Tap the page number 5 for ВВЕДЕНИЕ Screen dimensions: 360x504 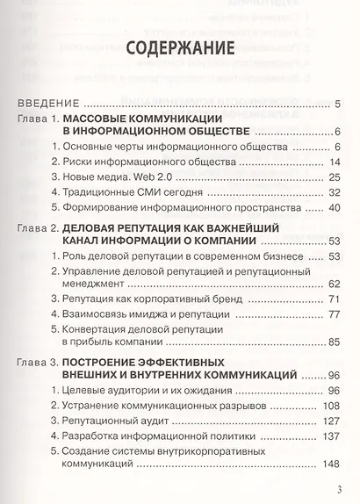pyautogui.click(x=337, y=104)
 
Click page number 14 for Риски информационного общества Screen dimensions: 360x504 pyautogui.click(x=335, y=162)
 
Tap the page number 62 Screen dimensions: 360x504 pyautogui.click(x=335, y=284)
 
